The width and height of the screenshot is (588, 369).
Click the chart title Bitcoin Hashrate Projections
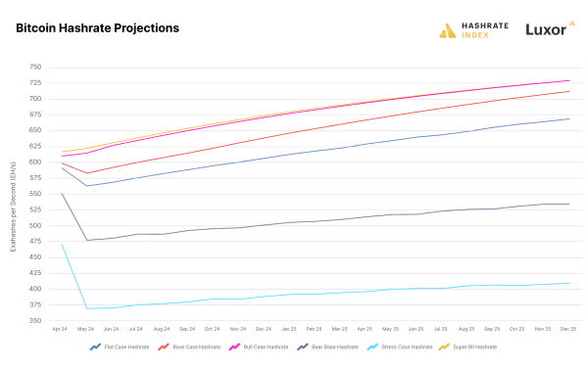(x=98, y=28)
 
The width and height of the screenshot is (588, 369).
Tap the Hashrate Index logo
(x=475, y=29)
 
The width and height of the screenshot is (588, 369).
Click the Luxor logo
(x=545, y=29)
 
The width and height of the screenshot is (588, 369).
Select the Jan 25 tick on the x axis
(x=290, y=329)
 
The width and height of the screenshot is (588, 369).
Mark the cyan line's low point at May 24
(x=87, y=308)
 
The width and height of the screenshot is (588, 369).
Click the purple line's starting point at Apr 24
(x=62, y=194)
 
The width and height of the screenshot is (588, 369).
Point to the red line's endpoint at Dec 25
(x=569, y=91)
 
